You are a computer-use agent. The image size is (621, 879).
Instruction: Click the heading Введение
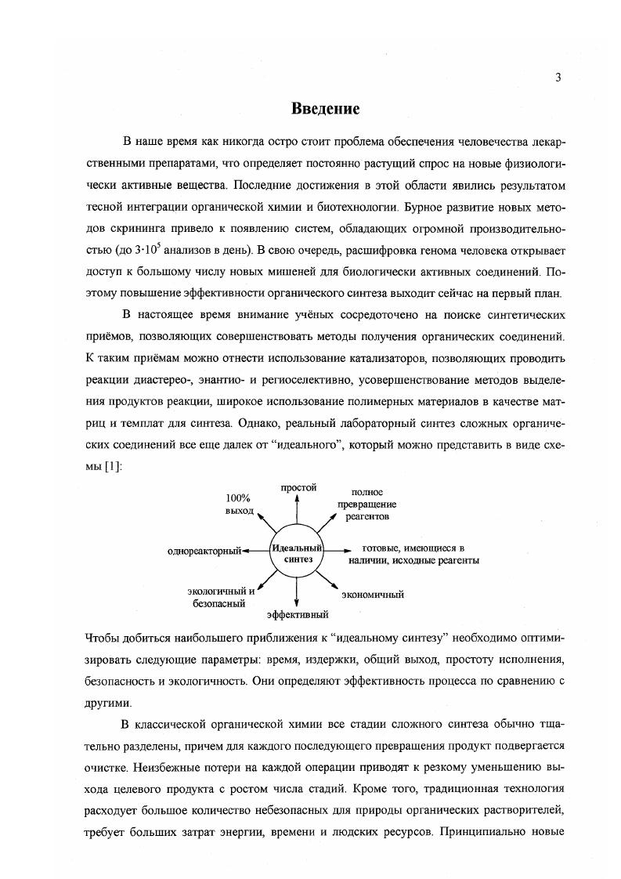click(x=325, y=108)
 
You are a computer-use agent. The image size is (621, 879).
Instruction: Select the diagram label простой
click(x=298, y=487)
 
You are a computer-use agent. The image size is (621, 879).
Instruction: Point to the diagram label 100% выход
click(x=240, y=504)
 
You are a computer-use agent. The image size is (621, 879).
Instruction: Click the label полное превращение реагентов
click(x=367, y=505)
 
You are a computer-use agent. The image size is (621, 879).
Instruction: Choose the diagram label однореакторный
click(x=204, y=552)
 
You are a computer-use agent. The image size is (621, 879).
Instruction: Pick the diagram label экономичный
click(x=373, y=595)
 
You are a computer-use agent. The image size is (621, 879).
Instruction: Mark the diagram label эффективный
click(x=297, y=613)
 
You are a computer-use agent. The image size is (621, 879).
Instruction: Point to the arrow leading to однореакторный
click(x=256, y=552)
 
